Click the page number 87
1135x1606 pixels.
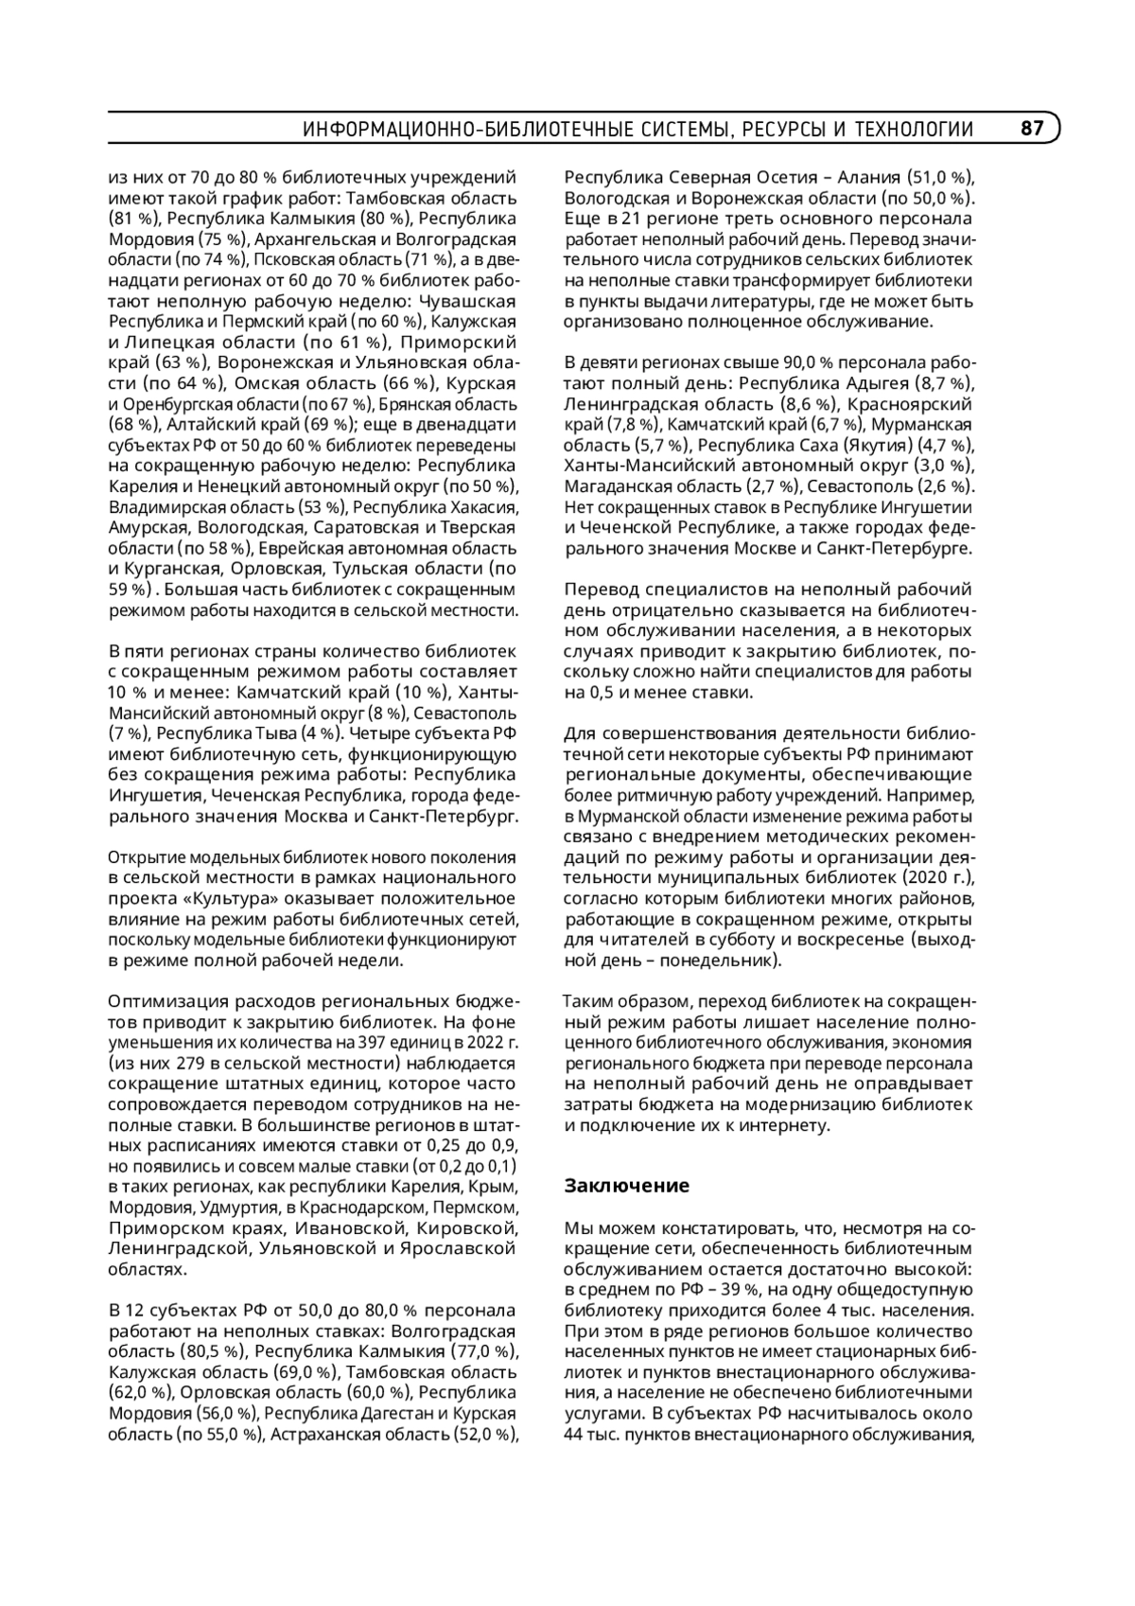click(x=1032, y=129)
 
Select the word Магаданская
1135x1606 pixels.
click(x=610, y=486)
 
